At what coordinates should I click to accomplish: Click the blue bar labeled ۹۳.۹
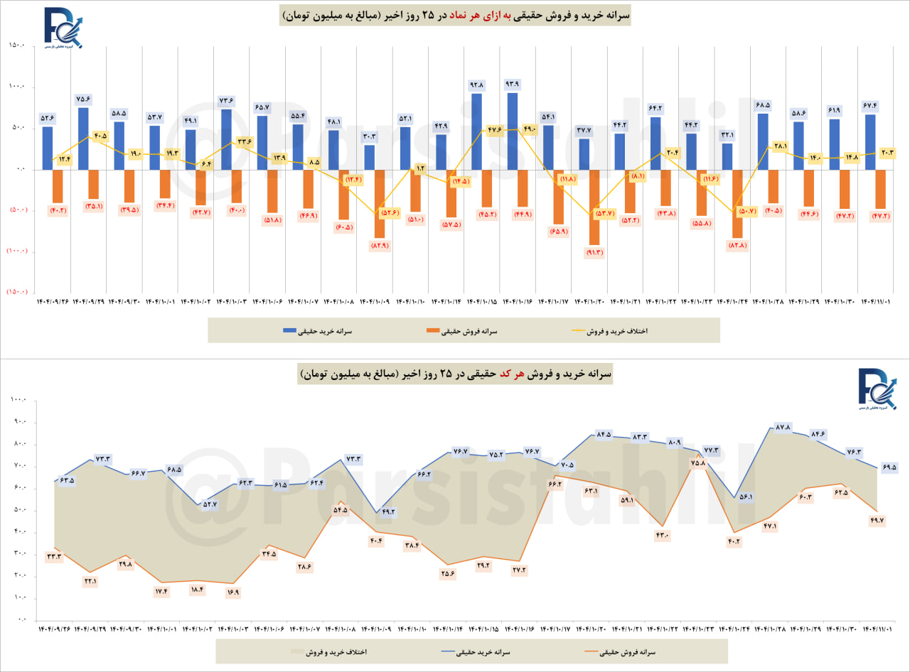pyautogui.click(x=513, y=131)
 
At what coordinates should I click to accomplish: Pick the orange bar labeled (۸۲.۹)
pyautogui.click(x=380, y=203)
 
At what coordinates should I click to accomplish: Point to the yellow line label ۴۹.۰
pyautogui.click(x=529, y=129)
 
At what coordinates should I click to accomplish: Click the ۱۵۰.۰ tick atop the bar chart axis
pyautogui.click(x=17, y=45)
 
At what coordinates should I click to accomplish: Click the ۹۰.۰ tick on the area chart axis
pyautogui.click(x=17, y=423)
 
